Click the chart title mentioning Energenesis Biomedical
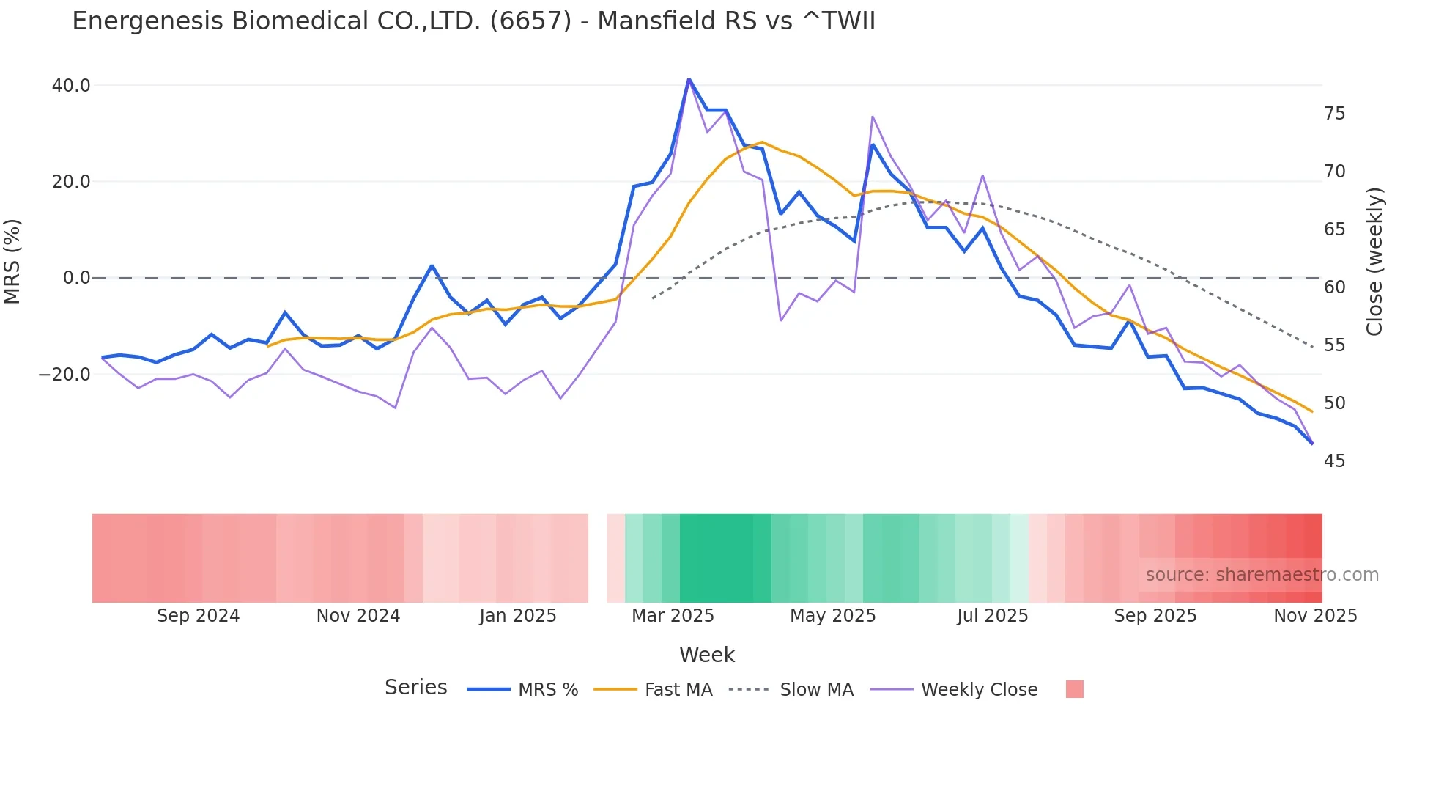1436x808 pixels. point(473,21)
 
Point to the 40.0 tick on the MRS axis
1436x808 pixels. point(71,86)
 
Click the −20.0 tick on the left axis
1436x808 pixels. point(64,375)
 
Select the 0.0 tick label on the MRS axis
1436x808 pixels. point(76,278)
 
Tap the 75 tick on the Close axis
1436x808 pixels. point(1334,114)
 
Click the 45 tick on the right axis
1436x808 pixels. point(1334,461)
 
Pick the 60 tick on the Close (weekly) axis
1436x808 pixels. point(1334,287)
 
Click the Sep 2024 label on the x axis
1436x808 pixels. point(198,616)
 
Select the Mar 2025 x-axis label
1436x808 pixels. point(673,616)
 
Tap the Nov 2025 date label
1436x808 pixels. point(1315,616)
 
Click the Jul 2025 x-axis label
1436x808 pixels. point(992,616)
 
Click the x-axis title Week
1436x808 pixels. point(706,655)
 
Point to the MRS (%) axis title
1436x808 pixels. point(12,261)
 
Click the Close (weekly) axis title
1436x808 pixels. point(1374,262)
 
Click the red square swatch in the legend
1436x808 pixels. point(1074,689)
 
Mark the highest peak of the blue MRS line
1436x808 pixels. point(689,79)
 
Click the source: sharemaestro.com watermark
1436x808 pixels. point(1262,575)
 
